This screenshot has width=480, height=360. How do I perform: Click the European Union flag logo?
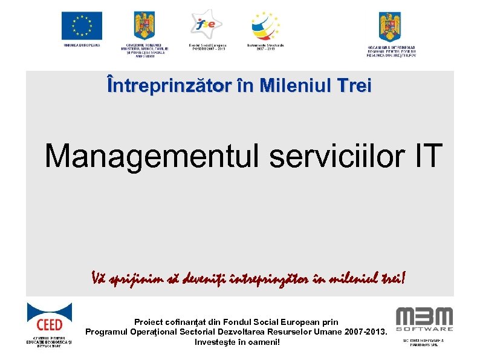(82, 26)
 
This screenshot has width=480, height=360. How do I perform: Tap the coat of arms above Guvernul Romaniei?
(144, 26)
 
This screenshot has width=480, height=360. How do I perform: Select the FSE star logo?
(206, 24)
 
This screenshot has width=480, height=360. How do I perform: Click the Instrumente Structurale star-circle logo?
(265, 26)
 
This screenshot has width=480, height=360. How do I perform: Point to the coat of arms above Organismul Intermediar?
(389, 26)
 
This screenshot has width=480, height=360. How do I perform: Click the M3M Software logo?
(424, 319)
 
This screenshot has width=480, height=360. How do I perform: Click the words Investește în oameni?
(236, 342)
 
